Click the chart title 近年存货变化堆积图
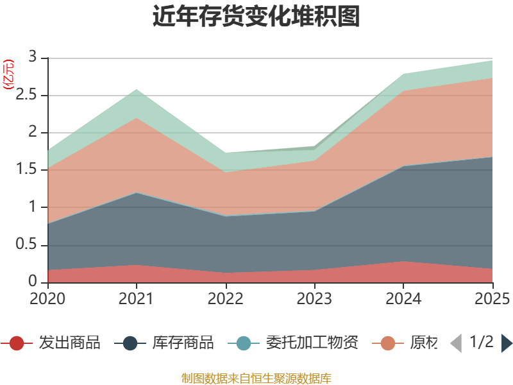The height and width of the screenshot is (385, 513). pos(256,17)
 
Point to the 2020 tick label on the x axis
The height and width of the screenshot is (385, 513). pos(47,298)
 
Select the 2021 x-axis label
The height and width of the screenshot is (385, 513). pos(136,298)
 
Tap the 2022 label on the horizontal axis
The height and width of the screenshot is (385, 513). pos(225,298)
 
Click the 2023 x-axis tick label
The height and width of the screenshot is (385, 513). pos(314,298)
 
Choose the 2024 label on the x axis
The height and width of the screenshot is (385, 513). pos(403,298)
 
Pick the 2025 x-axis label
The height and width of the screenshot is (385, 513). pos(491,298)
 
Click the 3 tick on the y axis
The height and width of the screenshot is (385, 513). pos(33,57)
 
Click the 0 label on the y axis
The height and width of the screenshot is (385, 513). pos(33,282)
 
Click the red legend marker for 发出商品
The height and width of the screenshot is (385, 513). pos(17,343)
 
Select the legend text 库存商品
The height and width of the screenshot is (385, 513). pos(183,343)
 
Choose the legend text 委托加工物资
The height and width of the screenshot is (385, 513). pos(312,343)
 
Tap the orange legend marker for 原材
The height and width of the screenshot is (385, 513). pos(388,343)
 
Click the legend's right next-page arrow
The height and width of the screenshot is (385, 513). pos(507,343)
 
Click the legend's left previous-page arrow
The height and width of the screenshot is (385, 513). pos(455,343)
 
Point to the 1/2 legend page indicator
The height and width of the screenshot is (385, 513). pos(482,342)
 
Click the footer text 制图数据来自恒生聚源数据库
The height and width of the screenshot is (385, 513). pos(256,378)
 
